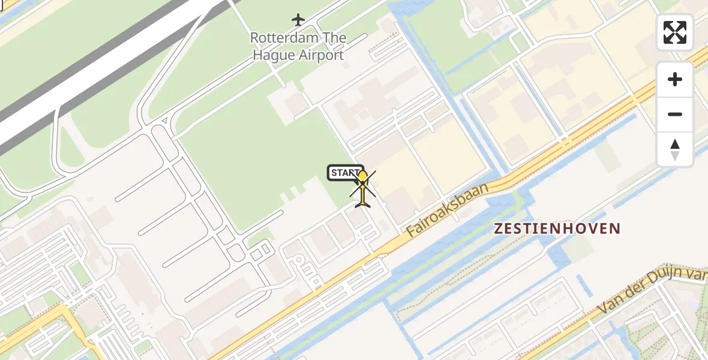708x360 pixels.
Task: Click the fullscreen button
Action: pyautogui.click(x=675, y=32)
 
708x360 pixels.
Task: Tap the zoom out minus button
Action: pyautogui.click(x=675, y=114)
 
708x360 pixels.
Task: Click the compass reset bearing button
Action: pyautogui.click(x=675, y=149)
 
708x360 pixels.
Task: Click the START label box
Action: pyautogui.click(x=345, y=173)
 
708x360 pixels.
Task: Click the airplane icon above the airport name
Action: pyautogui.click(x=298, y=20)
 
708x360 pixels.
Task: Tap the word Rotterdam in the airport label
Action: pyautogui.click(x=278, y=38)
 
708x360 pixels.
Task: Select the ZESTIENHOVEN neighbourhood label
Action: pyautogui.click(x=557, y=229)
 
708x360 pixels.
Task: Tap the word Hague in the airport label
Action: pyautogui.click(x=274, y=56)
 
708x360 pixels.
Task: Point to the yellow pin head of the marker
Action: pyautogui.click(x=362, y=177)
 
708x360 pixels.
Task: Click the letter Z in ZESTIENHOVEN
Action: pyautogui.click(x=498, y=229)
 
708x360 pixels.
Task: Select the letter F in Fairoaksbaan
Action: pyautogui.click(x=410, y=232)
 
